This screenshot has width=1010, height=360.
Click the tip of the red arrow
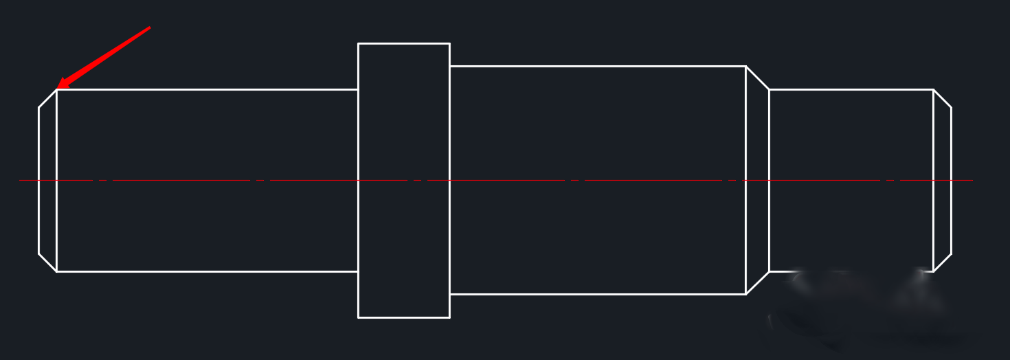[58, 87]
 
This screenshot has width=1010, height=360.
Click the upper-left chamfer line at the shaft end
[47, 98]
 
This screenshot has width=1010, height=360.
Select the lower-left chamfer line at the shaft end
[47, 262]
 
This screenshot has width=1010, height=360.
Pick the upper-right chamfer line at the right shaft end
[942, 98]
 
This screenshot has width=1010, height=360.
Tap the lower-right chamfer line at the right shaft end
[942, 262]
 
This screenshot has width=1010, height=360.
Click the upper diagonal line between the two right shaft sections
[757, 78]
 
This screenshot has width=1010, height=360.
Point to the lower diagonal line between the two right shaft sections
[757, 283]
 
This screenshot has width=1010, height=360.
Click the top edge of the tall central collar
[404, 43]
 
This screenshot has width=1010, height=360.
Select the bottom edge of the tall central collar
[404, 317]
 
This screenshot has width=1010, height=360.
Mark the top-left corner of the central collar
[358, 43]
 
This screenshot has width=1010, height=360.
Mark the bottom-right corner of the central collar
[449, 317]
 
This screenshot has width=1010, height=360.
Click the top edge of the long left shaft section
[206, 89]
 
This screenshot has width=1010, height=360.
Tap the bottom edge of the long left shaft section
[206, 271]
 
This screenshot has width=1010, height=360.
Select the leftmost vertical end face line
[38, 180]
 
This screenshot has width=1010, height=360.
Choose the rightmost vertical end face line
[951, 180]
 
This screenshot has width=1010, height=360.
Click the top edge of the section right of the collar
[598, 66]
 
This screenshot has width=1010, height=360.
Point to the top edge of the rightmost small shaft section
[851, 89]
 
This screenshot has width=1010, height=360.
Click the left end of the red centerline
[20, 180]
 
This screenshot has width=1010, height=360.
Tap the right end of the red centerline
[972, 180]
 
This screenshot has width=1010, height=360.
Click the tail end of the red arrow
[149, 28]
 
